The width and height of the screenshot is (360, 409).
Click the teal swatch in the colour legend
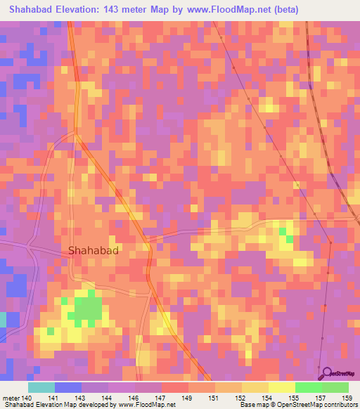(41, 387)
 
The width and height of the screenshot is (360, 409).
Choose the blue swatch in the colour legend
(68, 387)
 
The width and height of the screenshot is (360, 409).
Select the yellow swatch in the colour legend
(282, 387)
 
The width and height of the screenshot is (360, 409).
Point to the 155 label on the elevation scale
(281, 398)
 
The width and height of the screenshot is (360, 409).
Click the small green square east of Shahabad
(283, 231)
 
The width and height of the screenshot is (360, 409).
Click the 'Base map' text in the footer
(254, 405)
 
